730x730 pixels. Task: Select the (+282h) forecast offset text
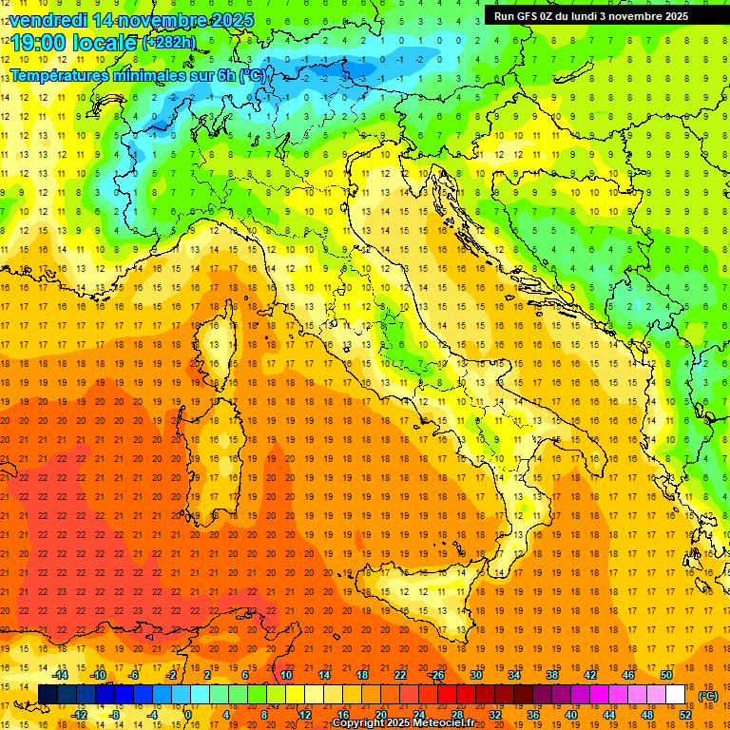pos(169,42)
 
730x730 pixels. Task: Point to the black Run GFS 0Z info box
pos(598,15)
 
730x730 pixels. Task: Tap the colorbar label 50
pos(665,674)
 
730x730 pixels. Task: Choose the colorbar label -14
pos(61,674)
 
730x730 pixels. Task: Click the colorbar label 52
pos(685,715)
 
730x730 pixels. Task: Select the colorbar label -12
pos(80,715)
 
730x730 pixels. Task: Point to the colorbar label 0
pos(188,715)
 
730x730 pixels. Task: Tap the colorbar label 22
pos(399,674)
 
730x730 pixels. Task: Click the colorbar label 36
pos(533,715)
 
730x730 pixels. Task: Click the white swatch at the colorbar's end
pos(676,694)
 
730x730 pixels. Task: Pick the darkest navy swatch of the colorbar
pos(48,694)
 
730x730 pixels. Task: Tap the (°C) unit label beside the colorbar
pos(707,696)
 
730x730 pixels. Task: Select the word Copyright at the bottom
pos(361,723)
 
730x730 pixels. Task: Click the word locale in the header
pos(105,42)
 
